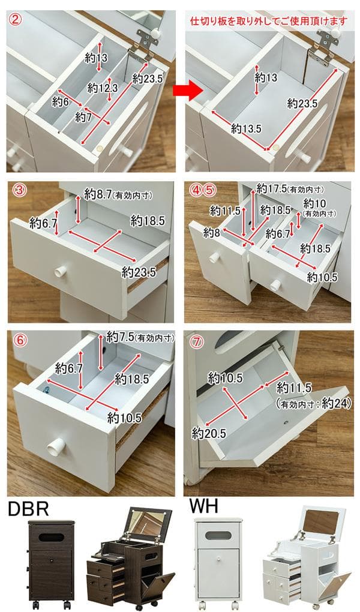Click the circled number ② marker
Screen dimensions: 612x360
click(x=16, y=19)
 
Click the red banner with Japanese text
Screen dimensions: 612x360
click(x=268, y=21)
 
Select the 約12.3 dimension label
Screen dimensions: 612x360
click(x=103, y=88)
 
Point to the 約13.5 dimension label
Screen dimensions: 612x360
click(x=246, y=128)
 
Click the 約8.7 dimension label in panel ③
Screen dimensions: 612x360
click(x=97, y=194)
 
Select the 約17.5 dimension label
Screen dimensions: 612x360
click(x=271, y=188)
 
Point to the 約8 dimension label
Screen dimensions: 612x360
click(x=212, y=232)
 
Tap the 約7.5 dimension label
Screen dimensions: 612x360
click(x=120, y=335)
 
